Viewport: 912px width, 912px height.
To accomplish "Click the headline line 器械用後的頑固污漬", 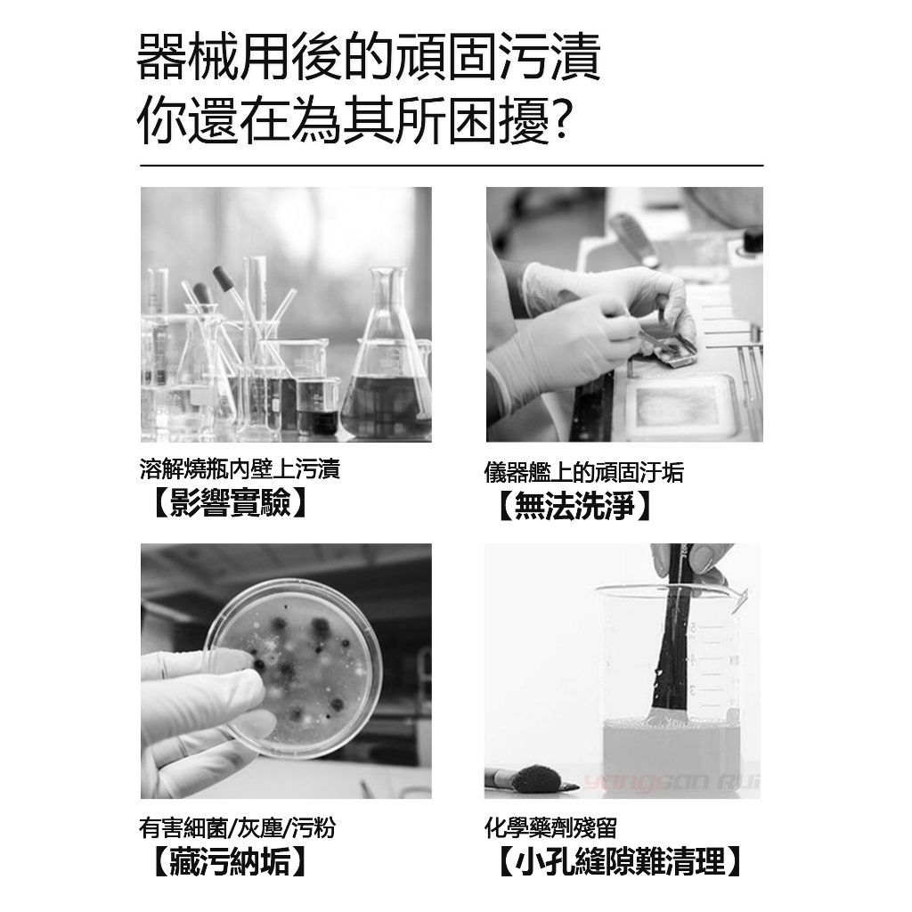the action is click(x=369, y=56).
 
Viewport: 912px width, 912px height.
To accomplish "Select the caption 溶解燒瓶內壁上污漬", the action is click(x=240, y=468).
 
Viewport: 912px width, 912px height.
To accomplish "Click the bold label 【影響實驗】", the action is click(x=229, y=502).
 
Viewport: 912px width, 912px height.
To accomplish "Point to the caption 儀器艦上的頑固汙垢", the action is click(x=584, y=472).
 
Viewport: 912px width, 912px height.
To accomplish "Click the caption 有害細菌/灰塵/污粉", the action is click(x=237, y=827).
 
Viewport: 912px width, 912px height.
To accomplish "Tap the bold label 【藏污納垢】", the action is click(x=229, y=861).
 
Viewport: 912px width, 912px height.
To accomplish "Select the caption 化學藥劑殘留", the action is click(x=550, y=827).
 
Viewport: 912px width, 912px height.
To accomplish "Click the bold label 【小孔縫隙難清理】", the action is click(x=619, y=861).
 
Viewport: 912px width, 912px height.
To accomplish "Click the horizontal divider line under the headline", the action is click(x=452, y=166).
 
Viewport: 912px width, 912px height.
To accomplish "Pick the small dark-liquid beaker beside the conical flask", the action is click(x=318, y=406).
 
